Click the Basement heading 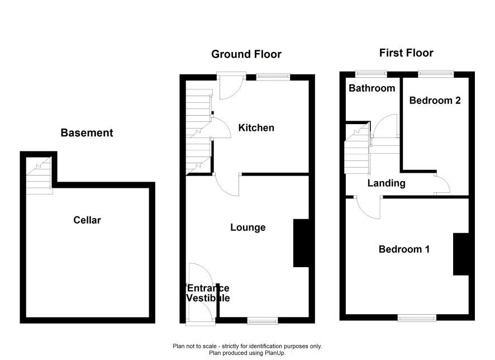coord(87,133)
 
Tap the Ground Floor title coord(246,54)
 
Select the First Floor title coord(406,53)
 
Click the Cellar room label coord(87,220)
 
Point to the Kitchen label coord(256,128)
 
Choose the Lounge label coord(248,228)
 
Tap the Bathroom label coord(372,88)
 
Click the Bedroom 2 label coord(435,101)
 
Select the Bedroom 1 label coord(404,249)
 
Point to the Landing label coord(387,183)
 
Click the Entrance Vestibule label coord(208,293)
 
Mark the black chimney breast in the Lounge coord(301,243)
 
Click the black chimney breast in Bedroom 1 coord(461,254)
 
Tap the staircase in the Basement coord(39,176)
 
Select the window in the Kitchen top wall coord(273,76)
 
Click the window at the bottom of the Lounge coord(263,321)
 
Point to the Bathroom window coord(371,74)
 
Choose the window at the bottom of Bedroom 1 coord(417,318)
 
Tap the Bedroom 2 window coord(436,74)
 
